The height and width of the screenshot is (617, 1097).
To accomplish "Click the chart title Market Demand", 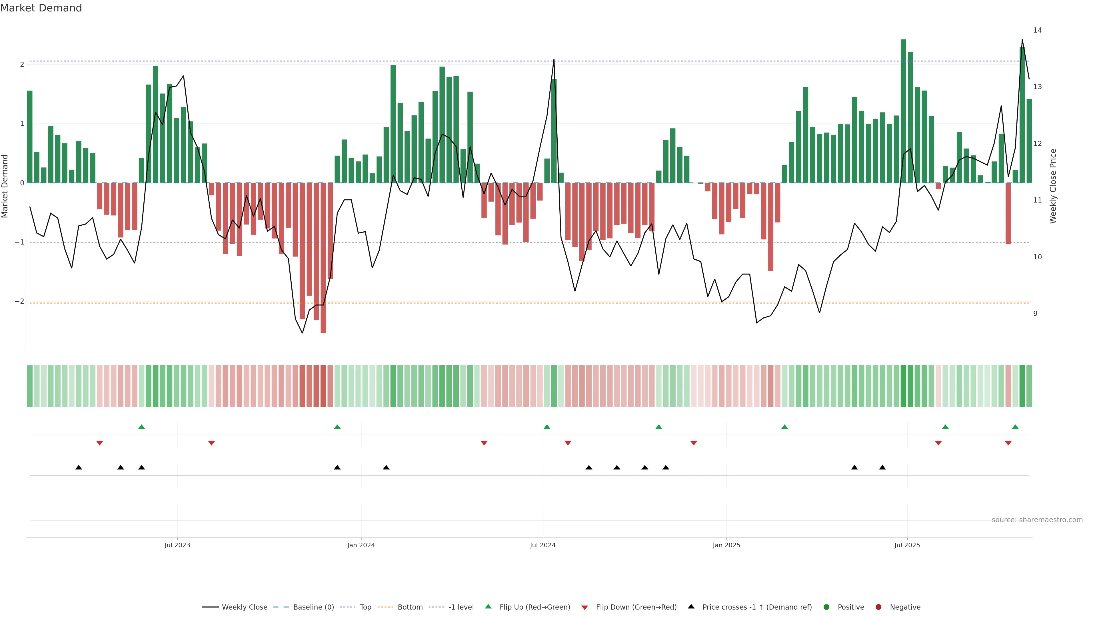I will click(41, 8).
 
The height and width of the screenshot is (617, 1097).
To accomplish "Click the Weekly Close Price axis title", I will click(1053, 186).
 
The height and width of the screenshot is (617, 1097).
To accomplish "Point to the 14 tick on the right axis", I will click(1037, 30).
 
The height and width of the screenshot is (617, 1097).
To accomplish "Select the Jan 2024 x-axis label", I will click(361, 545).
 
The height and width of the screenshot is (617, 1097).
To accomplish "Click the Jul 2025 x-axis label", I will click(907, 545).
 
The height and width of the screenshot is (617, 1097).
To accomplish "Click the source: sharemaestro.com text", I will click(1037, 520).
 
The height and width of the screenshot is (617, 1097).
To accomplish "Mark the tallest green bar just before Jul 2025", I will click(903, 111).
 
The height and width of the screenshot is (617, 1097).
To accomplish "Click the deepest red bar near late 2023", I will click(323, 258).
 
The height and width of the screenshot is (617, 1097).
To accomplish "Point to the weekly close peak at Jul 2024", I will click(554, 60).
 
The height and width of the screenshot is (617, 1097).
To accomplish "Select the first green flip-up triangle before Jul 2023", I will click(142, 427).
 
